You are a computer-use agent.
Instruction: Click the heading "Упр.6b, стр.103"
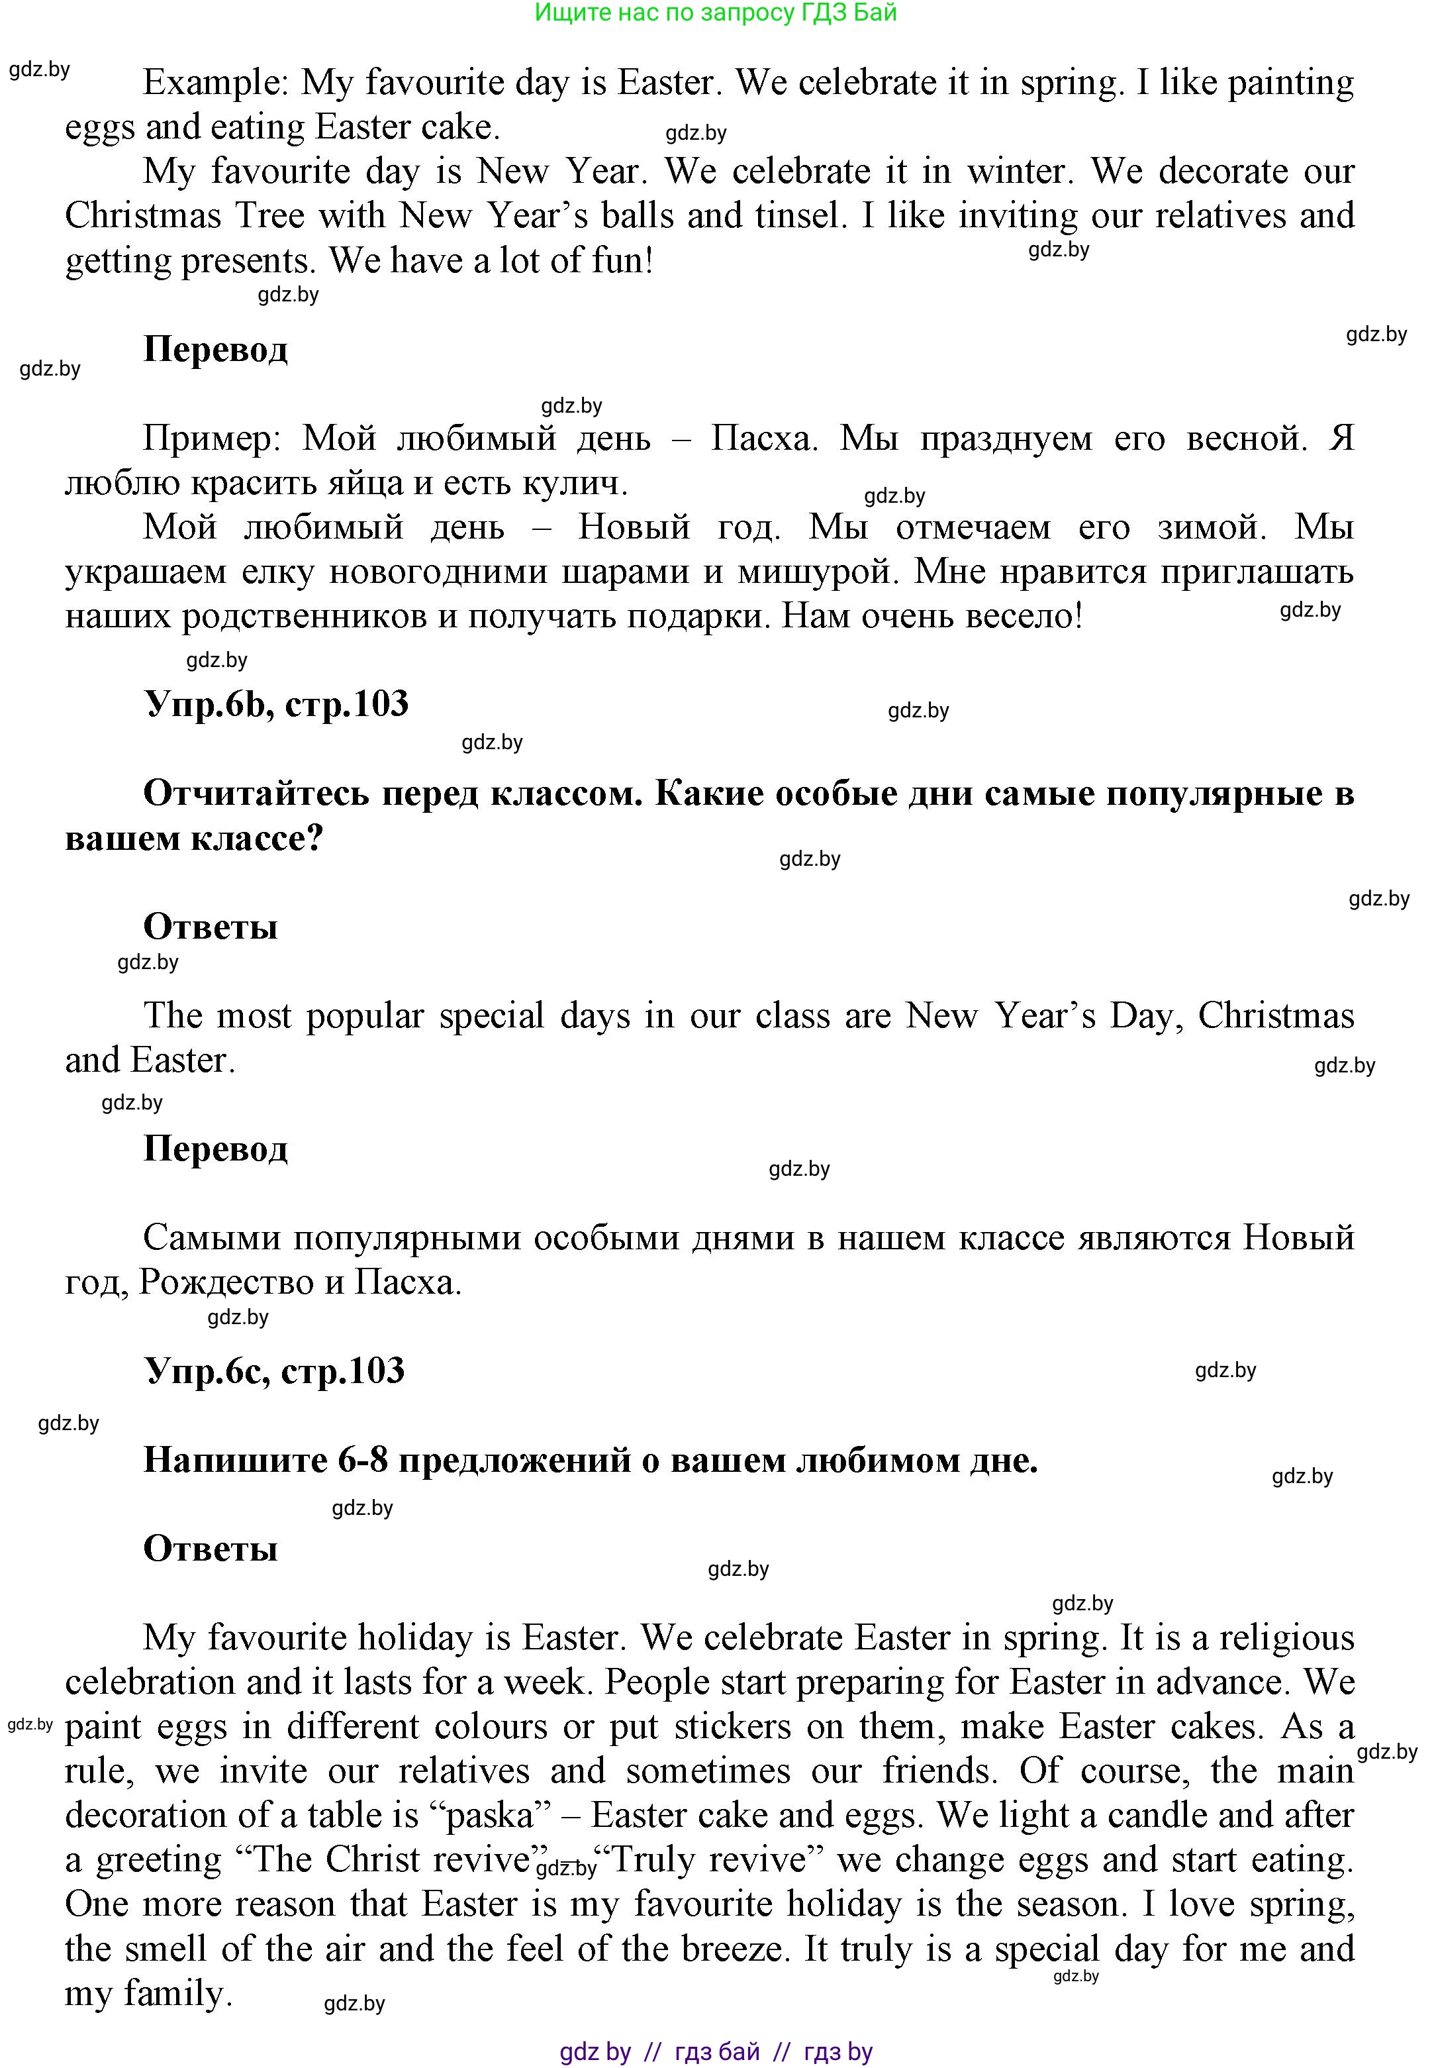click(276, 703)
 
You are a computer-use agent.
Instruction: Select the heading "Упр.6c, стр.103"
click(274, 1370)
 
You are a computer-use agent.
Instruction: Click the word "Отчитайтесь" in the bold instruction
click(256, 794)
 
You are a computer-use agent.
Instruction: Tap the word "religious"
click(1286, 1637)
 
